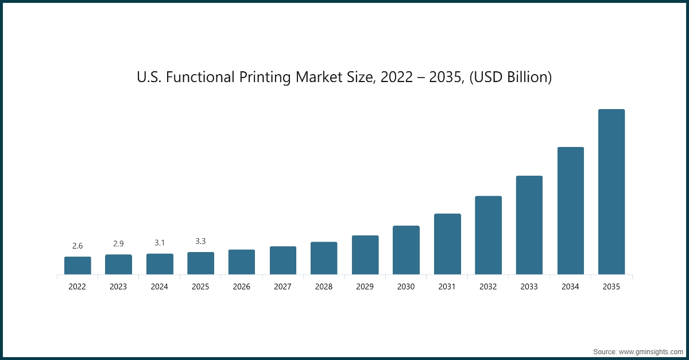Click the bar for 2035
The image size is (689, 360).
(611, 192)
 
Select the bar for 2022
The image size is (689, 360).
(78, 265)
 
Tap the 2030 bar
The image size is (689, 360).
(406, 250)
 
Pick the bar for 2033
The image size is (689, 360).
(529, 225)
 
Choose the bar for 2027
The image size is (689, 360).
(282, 260)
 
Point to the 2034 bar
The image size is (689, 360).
(570, 211)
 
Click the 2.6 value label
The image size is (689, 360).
(78, 246)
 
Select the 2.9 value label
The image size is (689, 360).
(118, 244)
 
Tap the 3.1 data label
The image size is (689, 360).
(160, 243)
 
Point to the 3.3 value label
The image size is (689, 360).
(200, 241)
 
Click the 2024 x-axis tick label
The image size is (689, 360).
(160, 287)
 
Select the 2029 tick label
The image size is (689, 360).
(365, 287)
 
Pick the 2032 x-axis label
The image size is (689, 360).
(488, 287)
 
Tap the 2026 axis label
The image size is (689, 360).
(242, 287)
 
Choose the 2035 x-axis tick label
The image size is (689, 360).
(611, 287)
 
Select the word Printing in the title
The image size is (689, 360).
(265, 77)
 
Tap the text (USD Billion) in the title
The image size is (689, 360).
(510, 77)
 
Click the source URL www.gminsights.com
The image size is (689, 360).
(651, 351)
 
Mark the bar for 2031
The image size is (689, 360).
(447, 244)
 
